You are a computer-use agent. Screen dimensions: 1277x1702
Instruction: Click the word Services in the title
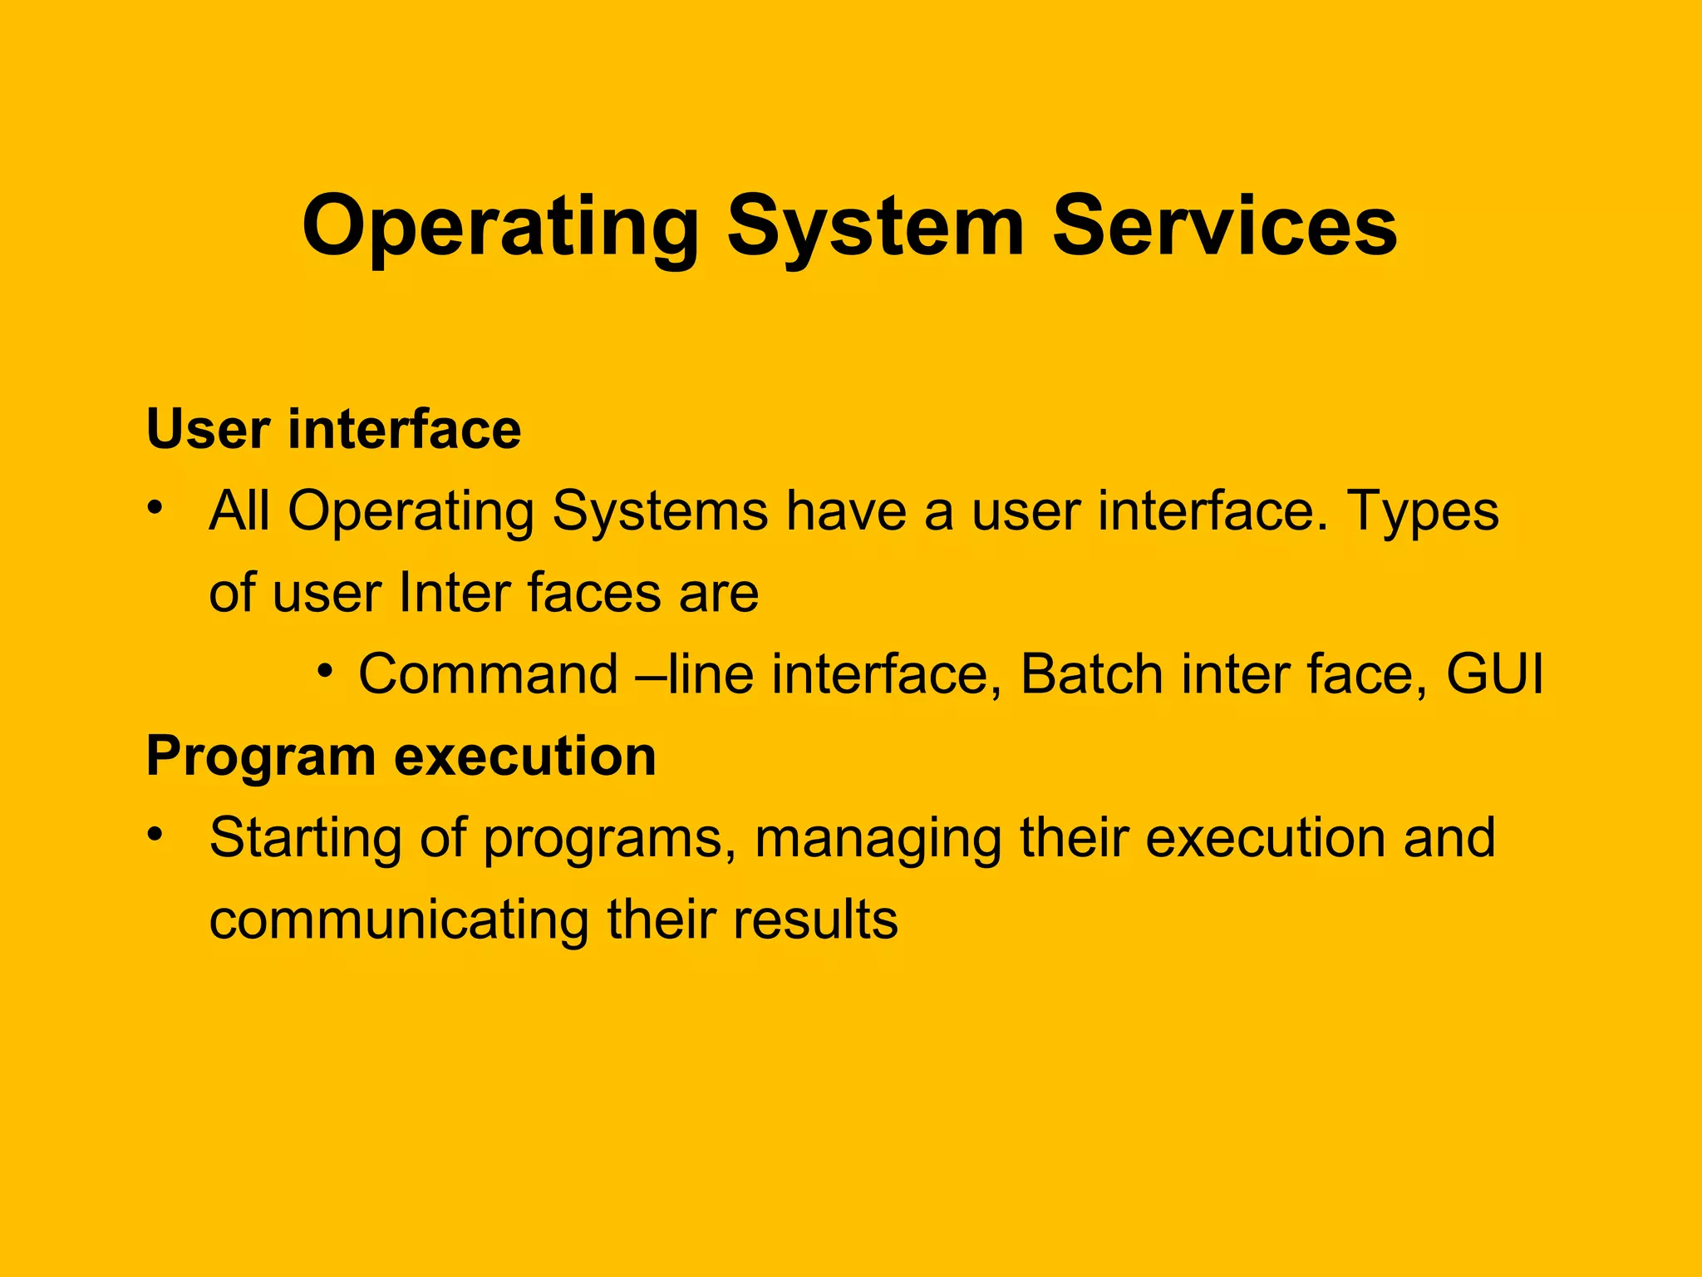(x=1224, y=226)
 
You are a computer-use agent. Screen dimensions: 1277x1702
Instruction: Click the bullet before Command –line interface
(x=325, y=669)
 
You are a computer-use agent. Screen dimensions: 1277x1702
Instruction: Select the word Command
(x=488, y=673)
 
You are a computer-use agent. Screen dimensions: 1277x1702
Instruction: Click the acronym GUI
(x=1494, y=673)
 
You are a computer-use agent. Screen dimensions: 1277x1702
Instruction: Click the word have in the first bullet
(x=845, y=510)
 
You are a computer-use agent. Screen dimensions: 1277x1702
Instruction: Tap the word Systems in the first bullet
(x=660, y=512)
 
